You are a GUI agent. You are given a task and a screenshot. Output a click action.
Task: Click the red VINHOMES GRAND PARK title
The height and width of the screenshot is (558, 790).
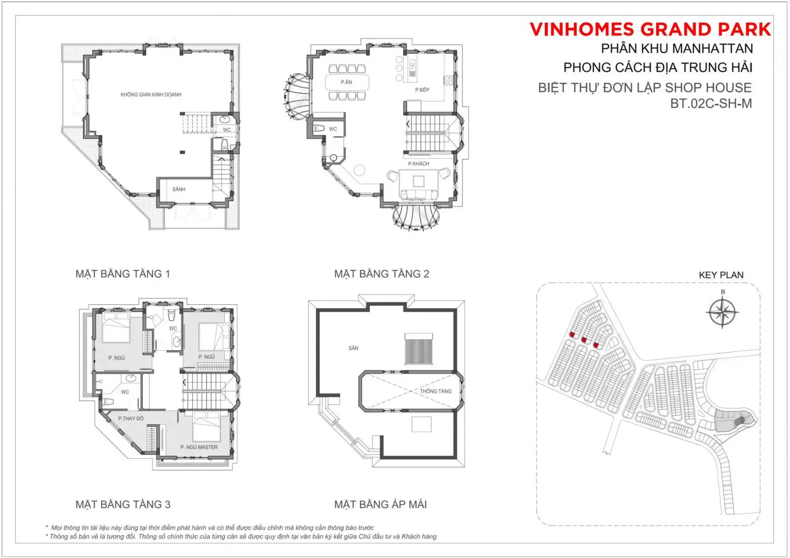pos(650,29)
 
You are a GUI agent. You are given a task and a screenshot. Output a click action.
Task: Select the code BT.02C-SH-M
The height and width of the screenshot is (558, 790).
pos(711,103)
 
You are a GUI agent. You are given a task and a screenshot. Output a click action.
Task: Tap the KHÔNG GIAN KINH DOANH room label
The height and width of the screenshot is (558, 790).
pos(151,94)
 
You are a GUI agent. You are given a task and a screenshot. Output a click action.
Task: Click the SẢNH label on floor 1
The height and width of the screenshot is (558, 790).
pos(179,189)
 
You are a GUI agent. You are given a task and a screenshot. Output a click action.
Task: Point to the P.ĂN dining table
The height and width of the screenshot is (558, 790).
pos(347,82)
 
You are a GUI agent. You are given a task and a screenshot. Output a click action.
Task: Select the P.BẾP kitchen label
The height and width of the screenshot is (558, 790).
pos(422,90)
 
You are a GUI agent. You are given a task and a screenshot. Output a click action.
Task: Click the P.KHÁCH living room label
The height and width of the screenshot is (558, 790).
pos(419,164)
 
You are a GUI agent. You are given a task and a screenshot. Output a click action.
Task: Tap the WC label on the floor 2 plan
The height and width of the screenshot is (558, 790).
pos(333,129)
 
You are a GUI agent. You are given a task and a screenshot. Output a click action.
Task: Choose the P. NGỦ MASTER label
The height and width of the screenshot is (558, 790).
pos(199,447)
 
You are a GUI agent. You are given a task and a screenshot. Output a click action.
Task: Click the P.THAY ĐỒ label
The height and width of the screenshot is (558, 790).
pos(131,418)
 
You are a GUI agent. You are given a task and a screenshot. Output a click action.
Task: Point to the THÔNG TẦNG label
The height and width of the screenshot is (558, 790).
pos(435,391)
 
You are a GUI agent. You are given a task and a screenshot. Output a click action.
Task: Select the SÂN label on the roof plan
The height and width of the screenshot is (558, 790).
pos(354,348)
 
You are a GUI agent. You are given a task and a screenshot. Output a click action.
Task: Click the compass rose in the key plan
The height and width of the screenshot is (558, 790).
pos(723,312)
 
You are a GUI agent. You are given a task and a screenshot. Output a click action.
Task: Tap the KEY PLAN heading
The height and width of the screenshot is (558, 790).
pos(721,275)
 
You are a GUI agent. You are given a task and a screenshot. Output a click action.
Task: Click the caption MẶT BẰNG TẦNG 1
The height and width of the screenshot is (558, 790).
pos(123,273)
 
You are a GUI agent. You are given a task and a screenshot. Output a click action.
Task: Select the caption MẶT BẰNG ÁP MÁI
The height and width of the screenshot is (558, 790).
pos(380,504)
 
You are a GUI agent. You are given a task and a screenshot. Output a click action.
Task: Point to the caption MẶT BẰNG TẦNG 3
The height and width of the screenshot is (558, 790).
pos(123,504)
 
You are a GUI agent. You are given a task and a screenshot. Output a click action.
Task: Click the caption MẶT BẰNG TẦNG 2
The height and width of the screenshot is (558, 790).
pos(382,273)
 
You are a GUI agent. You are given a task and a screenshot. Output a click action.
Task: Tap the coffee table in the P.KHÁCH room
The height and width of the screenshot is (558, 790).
pos(419,181)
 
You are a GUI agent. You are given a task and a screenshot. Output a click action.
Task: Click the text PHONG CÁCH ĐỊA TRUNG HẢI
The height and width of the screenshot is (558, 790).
pos(658,67)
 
